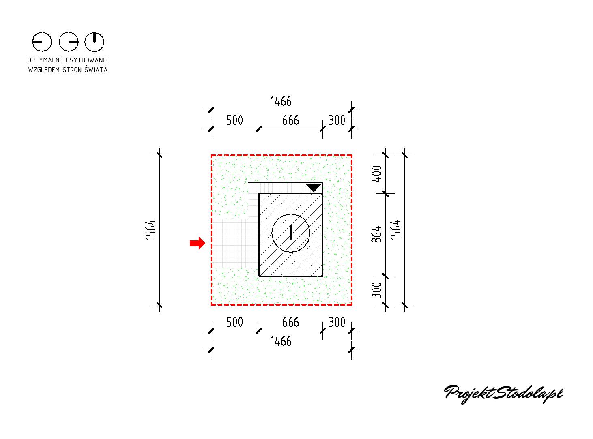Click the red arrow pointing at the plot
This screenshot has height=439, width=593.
tap(197, 243)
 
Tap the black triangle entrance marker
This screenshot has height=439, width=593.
tap(314, 188)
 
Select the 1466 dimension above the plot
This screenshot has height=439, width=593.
tap(281, 101)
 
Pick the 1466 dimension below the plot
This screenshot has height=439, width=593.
tap(281, 341)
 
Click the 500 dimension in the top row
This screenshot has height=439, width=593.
tap(235, 120)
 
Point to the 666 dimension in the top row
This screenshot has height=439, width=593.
tap(290, 120)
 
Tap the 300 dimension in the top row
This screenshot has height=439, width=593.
tap(337, 120)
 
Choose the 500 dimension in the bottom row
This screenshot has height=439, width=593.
tap(235, 322)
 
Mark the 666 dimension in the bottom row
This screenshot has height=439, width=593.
tap(290, 322)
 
